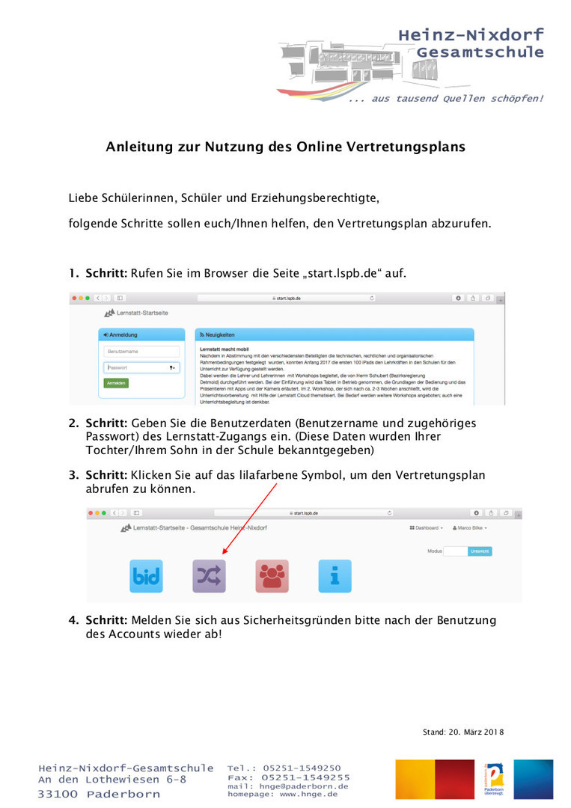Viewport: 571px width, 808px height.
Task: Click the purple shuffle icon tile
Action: [x=209, y=575]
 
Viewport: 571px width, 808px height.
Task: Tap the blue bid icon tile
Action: [x=146, y=575]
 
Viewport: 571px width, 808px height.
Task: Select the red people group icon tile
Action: [x=272, y=575]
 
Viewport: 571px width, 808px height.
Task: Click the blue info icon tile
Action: [x=335, y=575]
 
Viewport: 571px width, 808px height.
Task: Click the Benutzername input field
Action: [x=142, y=351]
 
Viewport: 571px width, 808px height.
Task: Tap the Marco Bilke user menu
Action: [x=470, y=527]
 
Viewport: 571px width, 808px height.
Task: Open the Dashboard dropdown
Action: [x=426, y=527]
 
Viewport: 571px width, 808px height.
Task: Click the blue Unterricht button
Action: [x=480, y=551]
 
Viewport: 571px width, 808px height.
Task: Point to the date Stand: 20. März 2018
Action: [x=463, y=732]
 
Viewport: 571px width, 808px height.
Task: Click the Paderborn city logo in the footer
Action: [x=495, y=780]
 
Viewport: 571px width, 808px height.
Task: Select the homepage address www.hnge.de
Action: [x=308, y=794]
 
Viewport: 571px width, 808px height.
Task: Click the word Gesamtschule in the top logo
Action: [x=480, y=52]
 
